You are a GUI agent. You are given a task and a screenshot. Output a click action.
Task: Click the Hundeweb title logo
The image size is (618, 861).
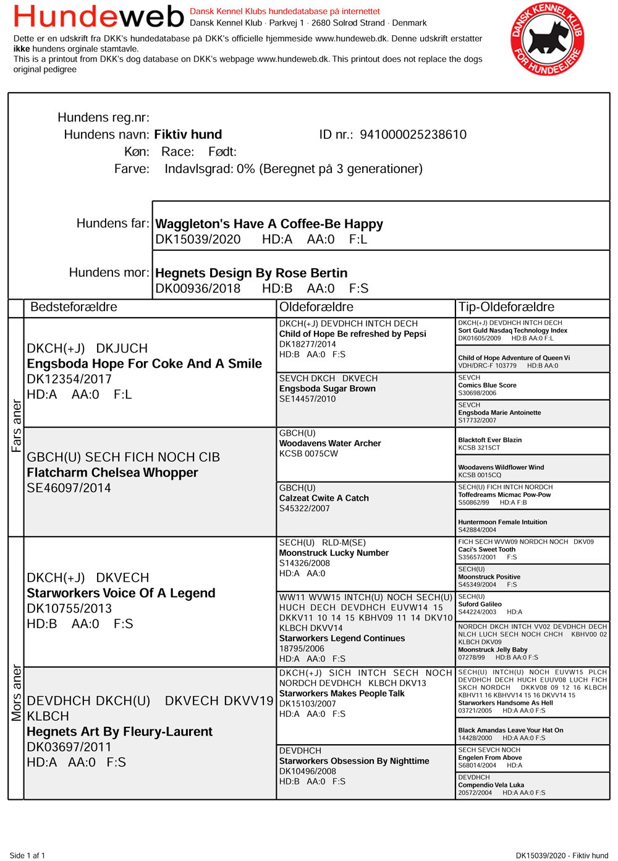point(99,17)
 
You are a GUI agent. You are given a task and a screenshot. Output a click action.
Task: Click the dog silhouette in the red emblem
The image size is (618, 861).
point(546,38)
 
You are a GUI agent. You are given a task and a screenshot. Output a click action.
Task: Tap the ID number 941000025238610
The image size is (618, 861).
point(413,135)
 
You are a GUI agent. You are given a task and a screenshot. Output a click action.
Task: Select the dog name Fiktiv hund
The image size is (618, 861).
point(188,135)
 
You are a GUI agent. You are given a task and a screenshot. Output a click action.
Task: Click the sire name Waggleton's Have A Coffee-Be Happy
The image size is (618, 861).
point(269,224)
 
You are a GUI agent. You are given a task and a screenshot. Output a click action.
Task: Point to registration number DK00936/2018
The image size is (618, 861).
point(198,289)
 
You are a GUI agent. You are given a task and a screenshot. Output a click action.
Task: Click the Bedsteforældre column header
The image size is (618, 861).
point(74,307)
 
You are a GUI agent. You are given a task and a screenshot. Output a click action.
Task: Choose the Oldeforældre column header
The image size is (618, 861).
point(316,307)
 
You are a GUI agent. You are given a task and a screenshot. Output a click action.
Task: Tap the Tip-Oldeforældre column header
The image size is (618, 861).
point(506,307)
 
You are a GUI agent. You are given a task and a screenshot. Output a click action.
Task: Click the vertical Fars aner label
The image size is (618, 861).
point(16,426)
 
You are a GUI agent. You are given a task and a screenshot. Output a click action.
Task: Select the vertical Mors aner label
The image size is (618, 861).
point(16,693)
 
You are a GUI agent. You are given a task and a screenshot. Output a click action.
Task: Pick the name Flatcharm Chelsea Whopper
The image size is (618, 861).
point(112,473)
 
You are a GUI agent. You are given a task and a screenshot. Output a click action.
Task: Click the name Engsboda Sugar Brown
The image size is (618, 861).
point(327,389)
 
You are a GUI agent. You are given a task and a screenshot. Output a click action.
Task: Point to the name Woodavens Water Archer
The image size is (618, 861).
point(330,443)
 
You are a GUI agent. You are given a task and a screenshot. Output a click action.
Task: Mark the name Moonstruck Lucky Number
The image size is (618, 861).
point(334,553)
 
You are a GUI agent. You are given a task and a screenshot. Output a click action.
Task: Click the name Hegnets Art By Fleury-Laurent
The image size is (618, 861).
point(119,732)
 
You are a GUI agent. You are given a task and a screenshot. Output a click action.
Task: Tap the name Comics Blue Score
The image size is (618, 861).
point(487,385)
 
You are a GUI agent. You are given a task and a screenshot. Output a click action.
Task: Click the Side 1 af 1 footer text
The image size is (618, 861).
point(27,855)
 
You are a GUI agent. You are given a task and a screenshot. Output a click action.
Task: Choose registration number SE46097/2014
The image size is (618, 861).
point(69,488)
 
